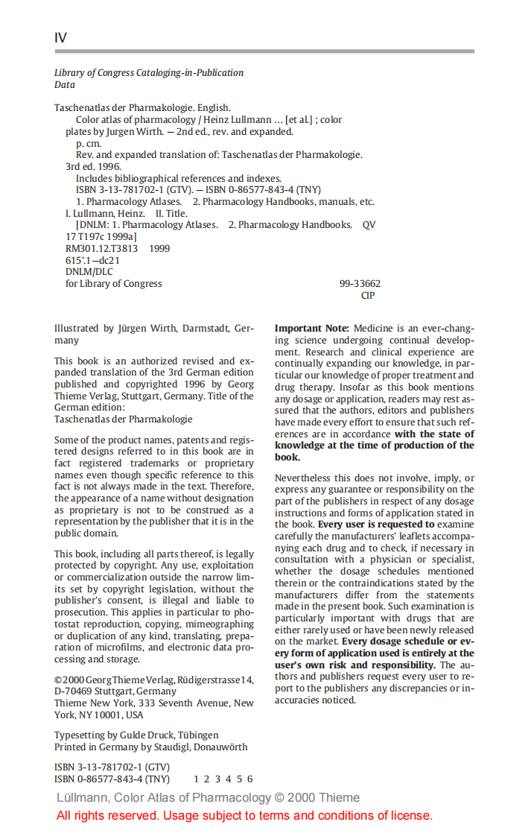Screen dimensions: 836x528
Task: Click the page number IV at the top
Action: point(60,38)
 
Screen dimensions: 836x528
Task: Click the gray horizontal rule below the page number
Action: point(264,51)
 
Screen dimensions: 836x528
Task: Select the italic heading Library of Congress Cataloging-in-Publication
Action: point(149,73)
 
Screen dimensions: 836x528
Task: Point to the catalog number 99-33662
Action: point(360,284)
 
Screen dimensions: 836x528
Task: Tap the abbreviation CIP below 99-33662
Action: point(368,296)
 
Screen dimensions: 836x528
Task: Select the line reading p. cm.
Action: point(89,143)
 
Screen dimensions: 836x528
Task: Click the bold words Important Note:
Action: point(311,329)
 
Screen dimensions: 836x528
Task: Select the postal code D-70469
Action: point(73,691)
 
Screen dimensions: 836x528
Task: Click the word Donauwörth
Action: point(220,747)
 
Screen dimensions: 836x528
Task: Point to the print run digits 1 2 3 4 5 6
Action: point(223,779)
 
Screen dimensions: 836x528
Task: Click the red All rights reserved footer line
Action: point(244,816)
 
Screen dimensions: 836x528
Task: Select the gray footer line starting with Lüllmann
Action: point(208,798)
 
